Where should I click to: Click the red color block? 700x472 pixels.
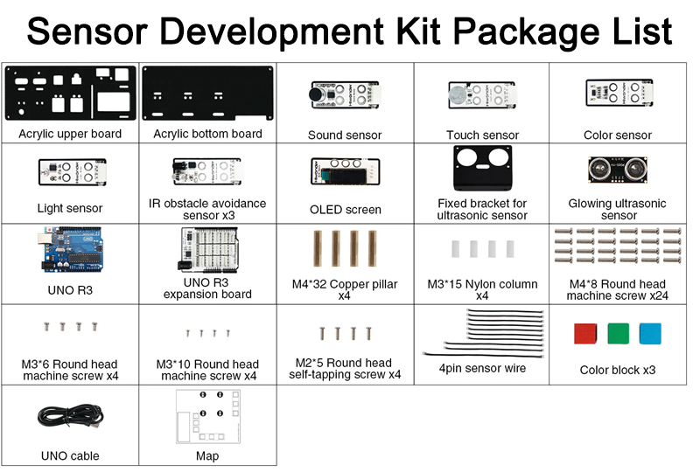(x=584, y=333)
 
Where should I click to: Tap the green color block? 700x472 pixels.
(x=617, y=333)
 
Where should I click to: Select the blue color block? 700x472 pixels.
(x=650, y=333)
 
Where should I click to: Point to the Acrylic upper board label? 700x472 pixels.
(x=70, y=134)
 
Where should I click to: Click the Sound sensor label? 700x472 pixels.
(x=345, y=135)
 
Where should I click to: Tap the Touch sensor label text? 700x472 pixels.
(x=482, y=135)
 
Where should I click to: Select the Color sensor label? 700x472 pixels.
(x=618, y=135)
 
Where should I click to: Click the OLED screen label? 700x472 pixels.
(x=345, y=209)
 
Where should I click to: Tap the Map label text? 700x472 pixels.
(x=207, y=455)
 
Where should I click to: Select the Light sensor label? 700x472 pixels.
(x=70, y=208)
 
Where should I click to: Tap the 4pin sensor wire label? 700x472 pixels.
(x=482, y=368)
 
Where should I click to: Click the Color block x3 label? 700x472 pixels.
(x=618, y=370)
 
